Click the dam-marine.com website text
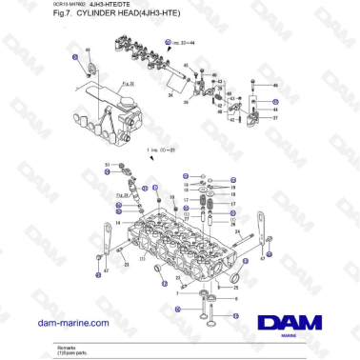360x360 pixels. (x=70, y=323)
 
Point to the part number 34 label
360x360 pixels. (x=170, y=96)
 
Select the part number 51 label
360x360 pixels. (x=106, y=165)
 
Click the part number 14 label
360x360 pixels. (x=107, y=221)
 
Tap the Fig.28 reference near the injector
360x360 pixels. (x=120, y=195)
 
